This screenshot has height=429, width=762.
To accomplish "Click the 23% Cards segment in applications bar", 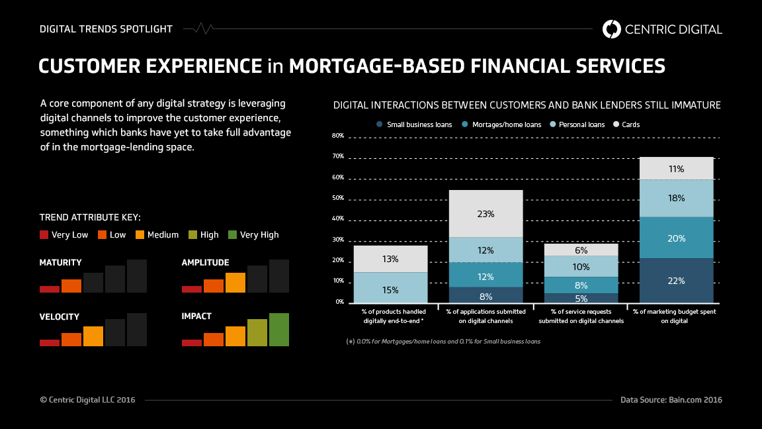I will coord(486,214).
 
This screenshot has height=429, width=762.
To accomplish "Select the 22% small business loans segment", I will coord(676,280).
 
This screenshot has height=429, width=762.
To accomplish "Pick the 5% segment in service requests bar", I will coord(581,298).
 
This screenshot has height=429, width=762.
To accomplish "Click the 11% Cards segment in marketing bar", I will coord(676,169).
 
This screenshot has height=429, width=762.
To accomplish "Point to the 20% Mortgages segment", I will coord(676,238).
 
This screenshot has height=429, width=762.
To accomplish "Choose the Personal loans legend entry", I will coord(577,124).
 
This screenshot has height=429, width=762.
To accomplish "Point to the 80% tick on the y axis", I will coord(338,136).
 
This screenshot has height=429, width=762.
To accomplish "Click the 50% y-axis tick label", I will coord(338,199).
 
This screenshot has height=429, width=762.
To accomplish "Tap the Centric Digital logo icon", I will coord(612,28).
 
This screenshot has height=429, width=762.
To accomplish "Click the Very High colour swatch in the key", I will coord(232,234).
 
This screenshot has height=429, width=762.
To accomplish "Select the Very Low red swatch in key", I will coord(44,234).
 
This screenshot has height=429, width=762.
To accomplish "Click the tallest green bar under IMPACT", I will coord(279,330).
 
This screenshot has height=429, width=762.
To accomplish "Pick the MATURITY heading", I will coord(61,263).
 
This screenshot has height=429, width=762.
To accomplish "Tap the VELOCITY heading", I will coord(60,316).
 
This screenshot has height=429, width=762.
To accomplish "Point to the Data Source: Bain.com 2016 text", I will coord(671,400).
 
